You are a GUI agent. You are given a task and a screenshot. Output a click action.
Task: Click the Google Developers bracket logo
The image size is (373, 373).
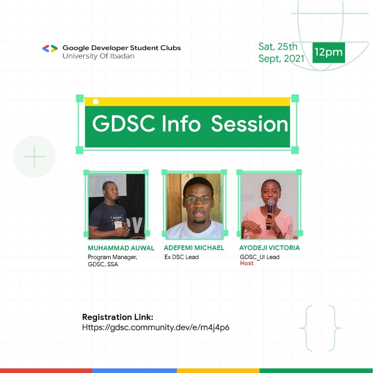50,49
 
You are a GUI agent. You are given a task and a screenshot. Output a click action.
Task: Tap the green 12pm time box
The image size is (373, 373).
328,52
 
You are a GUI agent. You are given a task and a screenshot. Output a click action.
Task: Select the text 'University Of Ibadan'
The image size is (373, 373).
98,56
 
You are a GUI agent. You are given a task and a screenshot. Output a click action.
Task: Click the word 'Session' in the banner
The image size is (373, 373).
249,124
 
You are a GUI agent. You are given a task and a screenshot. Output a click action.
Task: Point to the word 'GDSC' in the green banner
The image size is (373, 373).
124,124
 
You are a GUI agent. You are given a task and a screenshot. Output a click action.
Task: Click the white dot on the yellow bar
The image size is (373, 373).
96,102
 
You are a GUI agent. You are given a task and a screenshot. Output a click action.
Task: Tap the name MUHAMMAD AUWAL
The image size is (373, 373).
121,248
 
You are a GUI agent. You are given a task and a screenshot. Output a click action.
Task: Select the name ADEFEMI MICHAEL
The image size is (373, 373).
194,248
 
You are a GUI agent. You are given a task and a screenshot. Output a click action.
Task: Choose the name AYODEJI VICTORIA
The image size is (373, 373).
269,248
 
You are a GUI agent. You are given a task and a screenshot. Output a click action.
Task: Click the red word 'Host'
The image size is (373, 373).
247,263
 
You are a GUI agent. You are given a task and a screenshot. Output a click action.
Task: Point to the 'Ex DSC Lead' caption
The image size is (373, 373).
181,257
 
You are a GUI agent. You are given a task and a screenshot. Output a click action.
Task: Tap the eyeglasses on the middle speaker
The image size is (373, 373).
198,200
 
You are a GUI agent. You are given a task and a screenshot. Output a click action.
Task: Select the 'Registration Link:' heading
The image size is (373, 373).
117,317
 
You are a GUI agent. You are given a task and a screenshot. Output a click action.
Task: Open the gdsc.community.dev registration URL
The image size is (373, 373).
155,327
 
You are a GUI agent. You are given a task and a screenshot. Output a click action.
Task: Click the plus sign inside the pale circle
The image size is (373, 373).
34,156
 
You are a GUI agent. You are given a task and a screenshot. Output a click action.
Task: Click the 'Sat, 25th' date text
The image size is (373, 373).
278,47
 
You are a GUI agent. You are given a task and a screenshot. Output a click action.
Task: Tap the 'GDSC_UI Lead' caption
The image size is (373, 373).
259,257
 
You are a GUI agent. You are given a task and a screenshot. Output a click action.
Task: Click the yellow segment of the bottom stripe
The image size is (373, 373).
218,371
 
